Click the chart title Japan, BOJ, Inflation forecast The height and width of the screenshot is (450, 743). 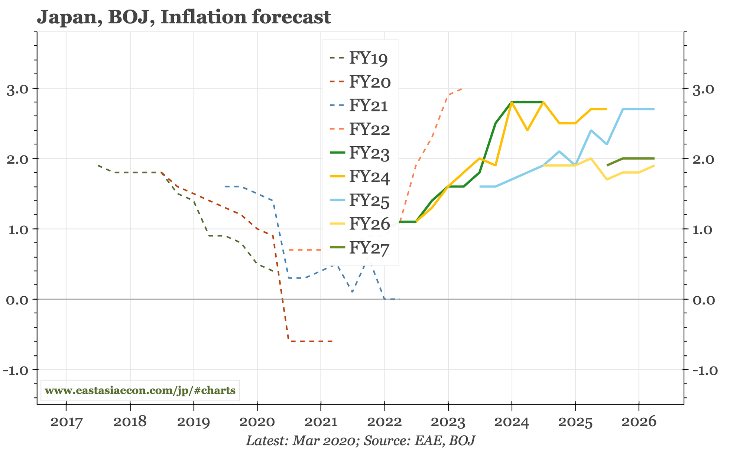184,17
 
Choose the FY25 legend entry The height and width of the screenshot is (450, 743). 369,201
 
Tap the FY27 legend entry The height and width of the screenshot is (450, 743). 369,248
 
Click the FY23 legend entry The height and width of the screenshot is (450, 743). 369,153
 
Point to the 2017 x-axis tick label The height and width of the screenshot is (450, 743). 66,422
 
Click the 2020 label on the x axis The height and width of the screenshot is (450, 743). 257,422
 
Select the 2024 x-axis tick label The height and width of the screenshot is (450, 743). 512,422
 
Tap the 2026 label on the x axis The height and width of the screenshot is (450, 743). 639,422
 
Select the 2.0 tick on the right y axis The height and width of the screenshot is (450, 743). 703,159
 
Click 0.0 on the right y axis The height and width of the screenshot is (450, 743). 703,300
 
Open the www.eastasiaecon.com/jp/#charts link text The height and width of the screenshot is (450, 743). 140,391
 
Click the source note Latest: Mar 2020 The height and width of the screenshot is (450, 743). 301,441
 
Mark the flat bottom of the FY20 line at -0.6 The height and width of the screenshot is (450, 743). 310,341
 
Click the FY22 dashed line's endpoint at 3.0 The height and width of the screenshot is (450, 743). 461,89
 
